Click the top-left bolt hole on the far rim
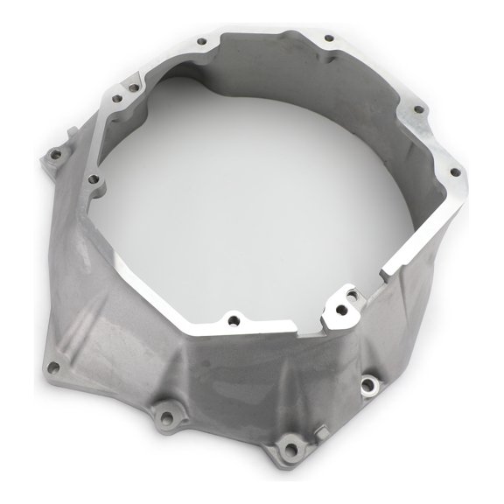[202, 40]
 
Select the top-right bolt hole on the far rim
[330, 38]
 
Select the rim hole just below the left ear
[94, 180]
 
